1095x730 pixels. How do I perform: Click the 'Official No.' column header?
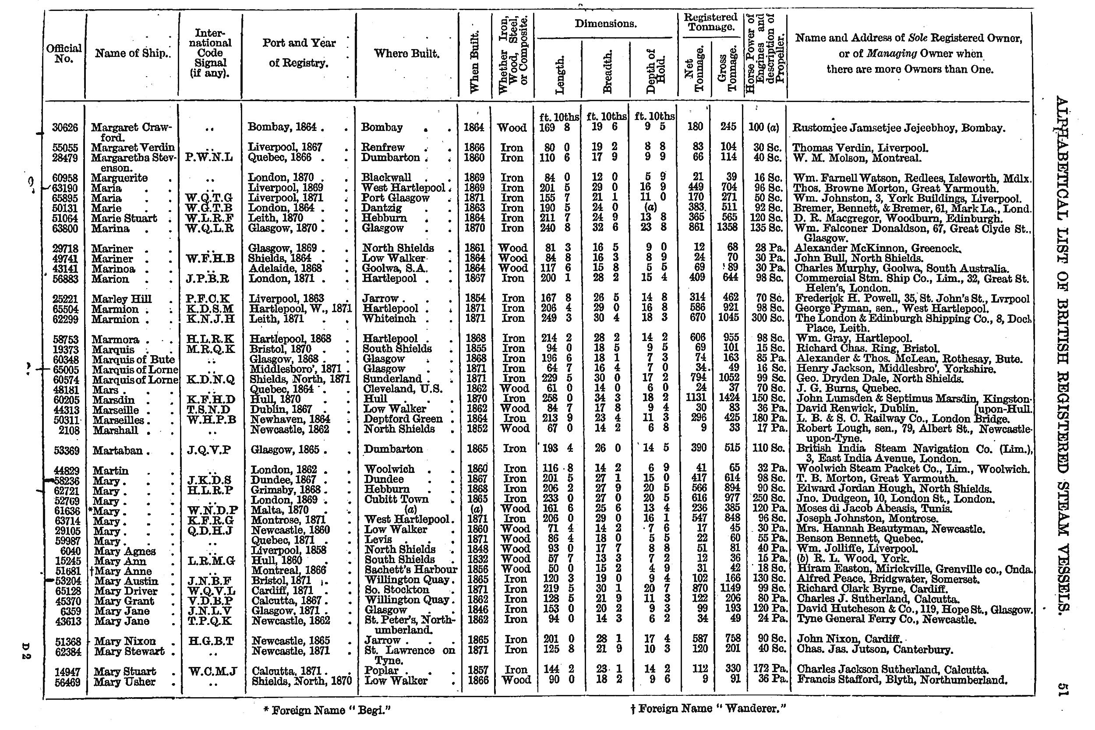point(64,54)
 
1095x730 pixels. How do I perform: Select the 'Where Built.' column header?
point(406,54)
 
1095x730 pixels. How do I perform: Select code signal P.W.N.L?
point(209,158)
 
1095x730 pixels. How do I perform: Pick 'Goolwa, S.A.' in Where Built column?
point(395,268)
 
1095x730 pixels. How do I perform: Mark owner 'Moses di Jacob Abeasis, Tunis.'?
point(874,509)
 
